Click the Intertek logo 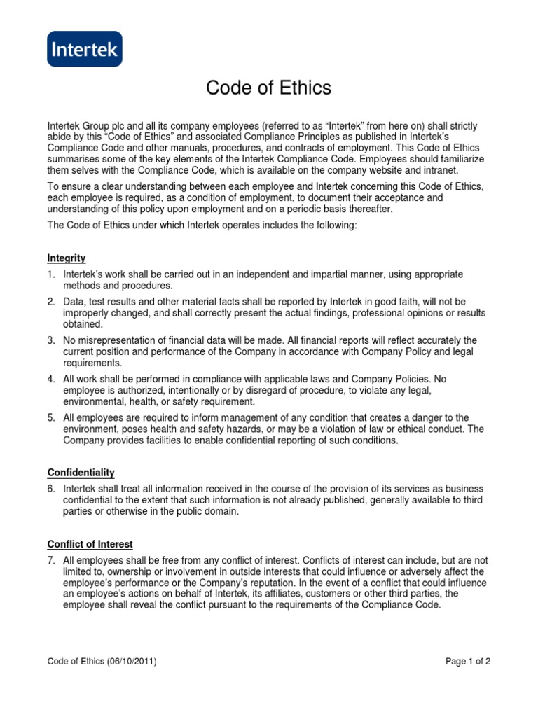click(x=84, y=49)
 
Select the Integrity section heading click(x=67, y=258)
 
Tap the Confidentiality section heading click(x=81, y=473)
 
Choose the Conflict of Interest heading click(x=90, y=544)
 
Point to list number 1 click(x=51, y=275)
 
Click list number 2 click(x=51, y=302)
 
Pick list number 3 click(x=51, y=340)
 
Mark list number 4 click(x=51, y=379)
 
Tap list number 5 click(x=51, y=418)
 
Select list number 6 click(x=51, y=488)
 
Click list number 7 click(x=51, y=561)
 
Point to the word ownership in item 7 click(x=123, y=572)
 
